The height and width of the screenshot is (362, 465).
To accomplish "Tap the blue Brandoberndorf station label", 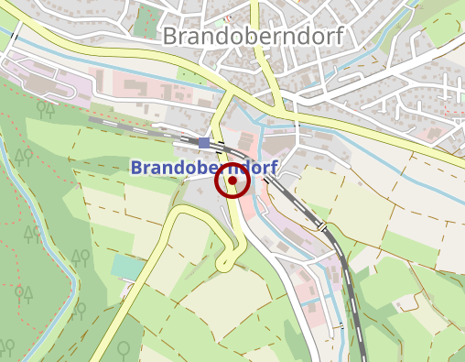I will click(203, 168).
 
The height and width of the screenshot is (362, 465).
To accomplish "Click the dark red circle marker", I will click(232, 181).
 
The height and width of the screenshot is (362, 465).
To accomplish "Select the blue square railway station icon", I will click(204, 142).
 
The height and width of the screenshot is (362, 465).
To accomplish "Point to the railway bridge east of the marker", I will click(322, 225).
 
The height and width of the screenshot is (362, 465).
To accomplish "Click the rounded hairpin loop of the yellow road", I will click(222, 264).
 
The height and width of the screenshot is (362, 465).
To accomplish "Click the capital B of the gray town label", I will click(171, 36).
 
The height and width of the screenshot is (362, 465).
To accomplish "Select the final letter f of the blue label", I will click(274, 168).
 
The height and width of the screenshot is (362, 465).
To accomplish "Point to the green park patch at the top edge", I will click(146, 20).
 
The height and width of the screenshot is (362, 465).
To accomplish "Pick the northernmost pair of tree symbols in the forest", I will click(43, 108).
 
